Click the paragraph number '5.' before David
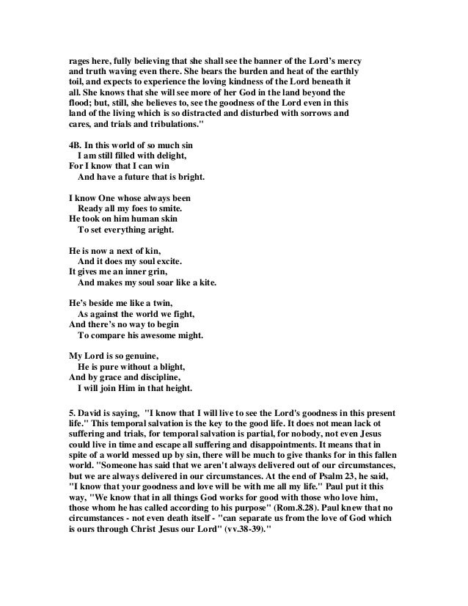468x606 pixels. click(x=72, y=413)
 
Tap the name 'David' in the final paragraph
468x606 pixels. click(x=92, y=413)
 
